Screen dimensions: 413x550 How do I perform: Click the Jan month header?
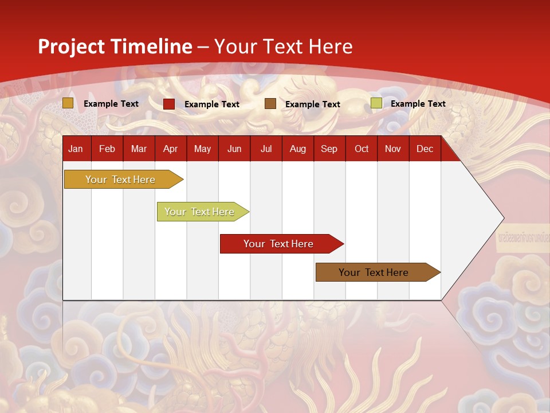point(76,149)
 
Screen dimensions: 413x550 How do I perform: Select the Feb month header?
point(107,149)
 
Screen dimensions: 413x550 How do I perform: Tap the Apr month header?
point(170,149)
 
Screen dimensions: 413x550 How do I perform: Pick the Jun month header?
point(234,149)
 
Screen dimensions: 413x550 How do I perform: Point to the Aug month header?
point(298,149)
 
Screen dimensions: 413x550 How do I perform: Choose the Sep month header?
point(329,149)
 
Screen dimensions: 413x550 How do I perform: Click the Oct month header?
point(362,149)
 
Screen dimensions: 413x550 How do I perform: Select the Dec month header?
point(425,149)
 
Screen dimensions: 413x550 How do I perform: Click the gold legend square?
point(68,103)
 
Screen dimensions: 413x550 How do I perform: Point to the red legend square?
point(169,104)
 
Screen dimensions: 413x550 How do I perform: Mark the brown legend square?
point(270,104)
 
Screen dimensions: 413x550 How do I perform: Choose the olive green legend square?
point(376,103)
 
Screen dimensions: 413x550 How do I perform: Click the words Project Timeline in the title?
point(115,46)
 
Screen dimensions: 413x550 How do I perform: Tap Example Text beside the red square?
point(212,104)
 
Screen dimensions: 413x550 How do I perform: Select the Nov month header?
point(393,149)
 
